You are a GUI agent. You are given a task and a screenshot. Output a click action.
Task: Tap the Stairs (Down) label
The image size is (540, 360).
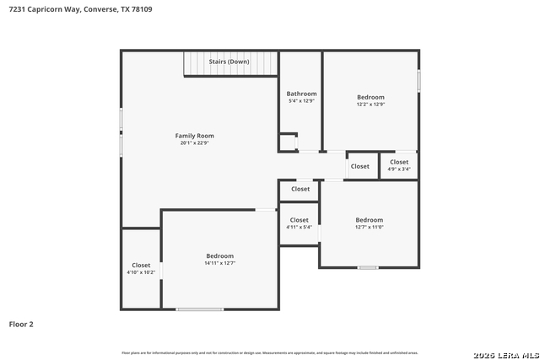pos(229,62)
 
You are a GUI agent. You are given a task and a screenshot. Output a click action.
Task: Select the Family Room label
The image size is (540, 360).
pos(194,136)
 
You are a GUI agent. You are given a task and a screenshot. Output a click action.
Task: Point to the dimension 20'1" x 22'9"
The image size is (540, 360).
pos(194,143)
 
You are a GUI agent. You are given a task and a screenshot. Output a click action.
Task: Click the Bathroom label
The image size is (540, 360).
pos(301,94)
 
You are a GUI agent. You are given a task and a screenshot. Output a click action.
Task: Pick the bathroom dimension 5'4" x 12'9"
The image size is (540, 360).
pos(301,101)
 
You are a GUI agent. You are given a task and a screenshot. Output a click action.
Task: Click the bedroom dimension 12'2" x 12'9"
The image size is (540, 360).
pos(370,105)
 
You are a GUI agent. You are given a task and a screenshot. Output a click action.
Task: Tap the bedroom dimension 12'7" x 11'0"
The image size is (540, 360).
pos(369,227)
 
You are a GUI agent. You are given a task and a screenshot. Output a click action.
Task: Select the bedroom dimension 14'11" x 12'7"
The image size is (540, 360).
pos(219,263)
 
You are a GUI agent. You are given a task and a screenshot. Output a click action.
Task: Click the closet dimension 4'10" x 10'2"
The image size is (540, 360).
pos(140,272)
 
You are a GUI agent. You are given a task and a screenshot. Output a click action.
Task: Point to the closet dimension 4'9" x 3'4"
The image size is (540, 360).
pos(399,169)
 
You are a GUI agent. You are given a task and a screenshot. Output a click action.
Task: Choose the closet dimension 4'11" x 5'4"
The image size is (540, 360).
pos(300,227)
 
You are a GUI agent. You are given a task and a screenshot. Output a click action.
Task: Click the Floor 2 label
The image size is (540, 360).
pos(21,324)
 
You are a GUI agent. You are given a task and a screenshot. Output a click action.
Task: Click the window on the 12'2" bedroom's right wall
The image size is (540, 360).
pos(418,81)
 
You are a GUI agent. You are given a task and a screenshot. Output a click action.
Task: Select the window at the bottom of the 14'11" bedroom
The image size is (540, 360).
pos(200,309)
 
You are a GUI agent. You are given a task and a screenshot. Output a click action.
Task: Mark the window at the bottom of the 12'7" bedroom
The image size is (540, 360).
pos(367,267)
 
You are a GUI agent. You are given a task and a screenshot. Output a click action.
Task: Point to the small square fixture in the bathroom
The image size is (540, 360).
pos(289,142)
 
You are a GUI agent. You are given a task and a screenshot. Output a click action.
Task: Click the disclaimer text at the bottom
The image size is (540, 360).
pos(269,352)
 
